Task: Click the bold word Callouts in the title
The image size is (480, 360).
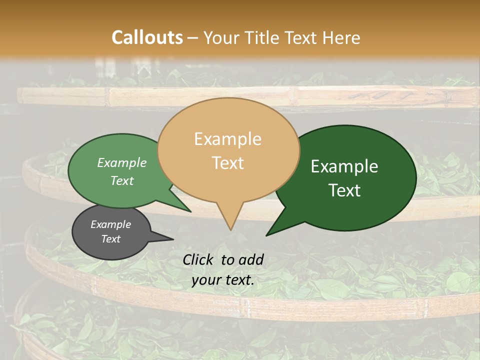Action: pyautogui.click(x=147, y=37)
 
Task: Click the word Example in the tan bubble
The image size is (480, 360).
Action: pyautogui.click(x=227, y=139)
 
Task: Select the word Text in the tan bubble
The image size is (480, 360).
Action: pyautogui.click(x=228, y=163)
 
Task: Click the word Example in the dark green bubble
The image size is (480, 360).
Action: pyautogui.click(x=344, y=166)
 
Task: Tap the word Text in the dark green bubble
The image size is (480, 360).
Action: pyautogui.click(x=344, y=190)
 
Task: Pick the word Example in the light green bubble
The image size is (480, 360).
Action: pyautogui.click(x=122, y=162)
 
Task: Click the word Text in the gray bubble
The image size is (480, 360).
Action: pyautogui.click(x=111, y=239)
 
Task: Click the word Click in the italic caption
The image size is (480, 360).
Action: pyautogui.click(x=199, y=259)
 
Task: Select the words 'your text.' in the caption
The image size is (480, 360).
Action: pyautogui.click(x=223, y=280)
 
